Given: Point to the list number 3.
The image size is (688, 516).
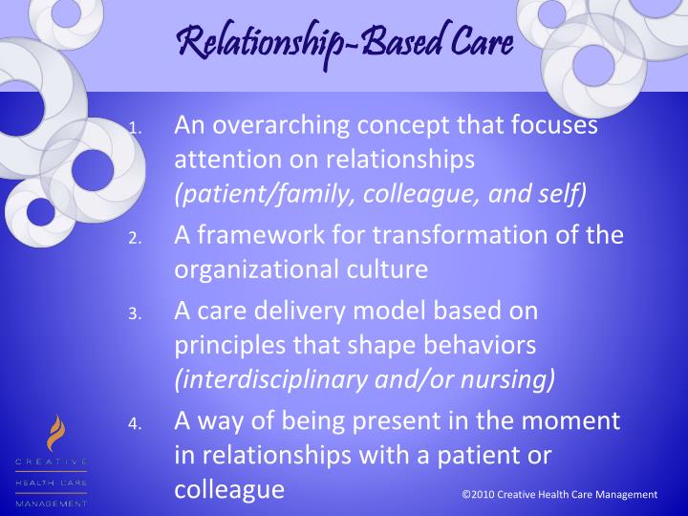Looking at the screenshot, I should pyautogui.click(x=136, y=313).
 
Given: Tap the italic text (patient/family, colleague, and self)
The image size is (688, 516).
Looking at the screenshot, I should pyautogui.click(x=379, y=195).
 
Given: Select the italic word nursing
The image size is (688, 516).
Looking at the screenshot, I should pyautogui.click(x=514, y=378).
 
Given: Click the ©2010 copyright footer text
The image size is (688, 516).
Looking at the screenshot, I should pyautogui.click(x=559, y=494).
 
